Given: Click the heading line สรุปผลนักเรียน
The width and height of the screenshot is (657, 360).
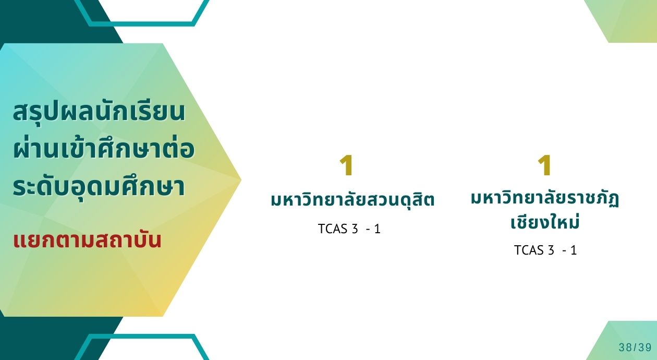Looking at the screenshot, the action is pyautogui.click(x=99, y=112).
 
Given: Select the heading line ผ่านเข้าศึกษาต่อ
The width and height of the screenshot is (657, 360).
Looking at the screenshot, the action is pyautogui.click(x=104, y=149).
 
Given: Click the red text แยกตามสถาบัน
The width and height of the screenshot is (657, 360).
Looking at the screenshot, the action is pyautogui.click(x=87, y=240).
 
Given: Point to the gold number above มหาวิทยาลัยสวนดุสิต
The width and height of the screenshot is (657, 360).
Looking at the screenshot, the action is pyautogui.click(x=346, y=165).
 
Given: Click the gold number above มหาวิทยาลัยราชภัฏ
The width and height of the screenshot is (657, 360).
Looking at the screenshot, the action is pyautogui.click(x=545, y=165).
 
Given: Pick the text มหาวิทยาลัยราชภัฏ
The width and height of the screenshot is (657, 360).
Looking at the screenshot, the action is pyautogui.click(x=545, y=199).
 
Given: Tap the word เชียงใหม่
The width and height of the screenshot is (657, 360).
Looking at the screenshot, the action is pyautogui.click(x=545, y=222).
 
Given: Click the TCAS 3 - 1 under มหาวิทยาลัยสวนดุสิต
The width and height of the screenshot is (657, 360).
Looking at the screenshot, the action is pyautogui.click(x=349, y=229).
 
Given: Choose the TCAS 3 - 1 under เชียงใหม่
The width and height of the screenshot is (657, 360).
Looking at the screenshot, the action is pyautogui.click(x=545, y=250).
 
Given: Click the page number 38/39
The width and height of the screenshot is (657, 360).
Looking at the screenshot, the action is pyautogui.click(x=635, y=347).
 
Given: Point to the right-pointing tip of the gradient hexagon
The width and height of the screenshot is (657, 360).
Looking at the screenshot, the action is pyautogui.click(x=241, y=179).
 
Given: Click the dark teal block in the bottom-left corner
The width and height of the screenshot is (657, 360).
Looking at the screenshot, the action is pyautogui.click(x=44, y=338).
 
